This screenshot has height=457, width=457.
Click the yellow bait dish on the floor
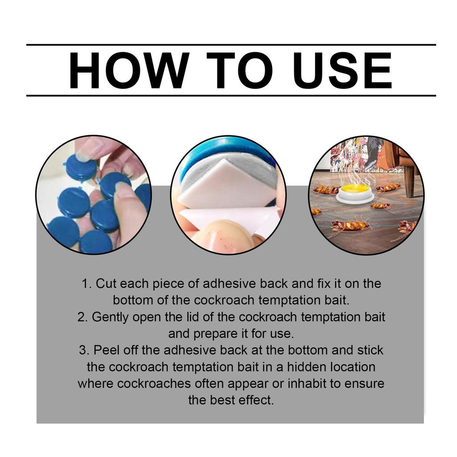point(355,191)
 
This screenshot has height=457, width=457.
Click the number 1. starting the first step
point(87,283)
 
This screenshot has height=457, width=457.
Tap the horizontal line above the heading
point(231,45)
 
